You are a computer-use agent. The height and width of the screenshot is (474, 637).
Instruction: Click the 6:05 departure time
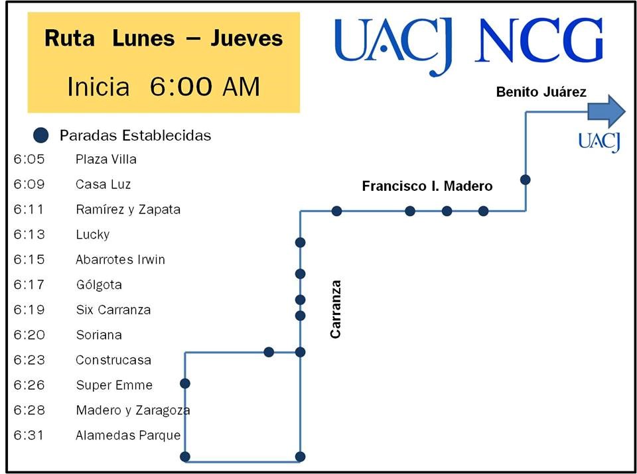[x=29, y=159]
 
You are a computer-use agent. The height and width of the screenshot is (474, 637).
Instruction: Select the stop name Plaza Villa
[x=106, y=159]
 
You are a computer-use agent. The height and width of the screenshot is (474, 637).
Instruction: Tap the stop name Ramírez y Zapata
[x=128, y=209]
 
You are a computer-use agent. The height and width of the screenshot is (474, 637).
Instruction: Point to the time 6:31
[x=29, y=436]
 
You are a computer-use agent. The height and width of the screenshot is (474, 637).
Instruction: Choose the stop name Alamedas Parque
[x=128, y=436]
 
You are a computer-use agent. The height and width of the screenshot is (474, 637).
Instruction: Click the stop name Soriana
[x=99, y=335]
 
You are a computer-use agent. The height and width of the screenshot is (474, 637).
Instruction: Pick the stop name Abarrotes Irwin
[x=120, y=260]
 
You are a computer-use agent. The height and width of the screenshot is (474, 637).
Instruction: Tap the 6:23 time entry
[x=29, y=360]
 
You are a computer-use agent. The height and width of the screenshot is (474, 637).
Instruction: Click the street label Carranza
[x=336, y=309]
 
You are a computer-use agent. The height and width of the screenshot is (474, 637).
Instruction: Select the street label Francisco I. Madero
[x=427, y=186]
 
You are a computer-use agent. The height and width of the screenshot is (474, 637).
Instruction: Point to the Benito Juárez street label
[x=541, y=92]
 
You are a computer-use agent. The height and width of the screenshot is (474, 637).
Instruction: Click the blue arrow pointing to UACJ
[x=606, y=111]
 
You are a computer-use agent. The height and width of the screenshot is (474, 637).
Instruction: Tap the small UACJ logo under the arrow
[x=599, y=142]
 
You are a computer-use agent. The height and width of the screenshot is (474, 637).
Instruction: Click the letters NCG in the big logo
[x=539, y=41]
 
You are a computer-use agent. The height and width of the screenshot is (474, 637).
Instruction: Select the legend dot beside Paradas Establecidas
[x=41, y=135]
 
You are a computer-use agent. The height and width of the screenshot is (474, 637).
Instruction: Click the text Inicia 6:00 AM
[x=163, y=87]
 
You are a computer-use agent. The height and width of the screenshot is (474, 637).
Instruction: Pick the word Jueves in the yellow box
[x=247, y=38]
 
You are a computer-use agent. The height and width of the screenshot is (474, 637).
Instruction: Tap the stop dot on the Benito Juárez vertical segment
[x=526, y=180]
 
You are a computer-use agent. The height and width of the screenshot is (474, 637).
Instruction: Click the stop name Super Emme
[x=114, y=385]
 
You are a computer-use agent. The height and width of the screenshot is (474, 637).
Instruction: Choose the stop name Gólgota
[x=99, y=285]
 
